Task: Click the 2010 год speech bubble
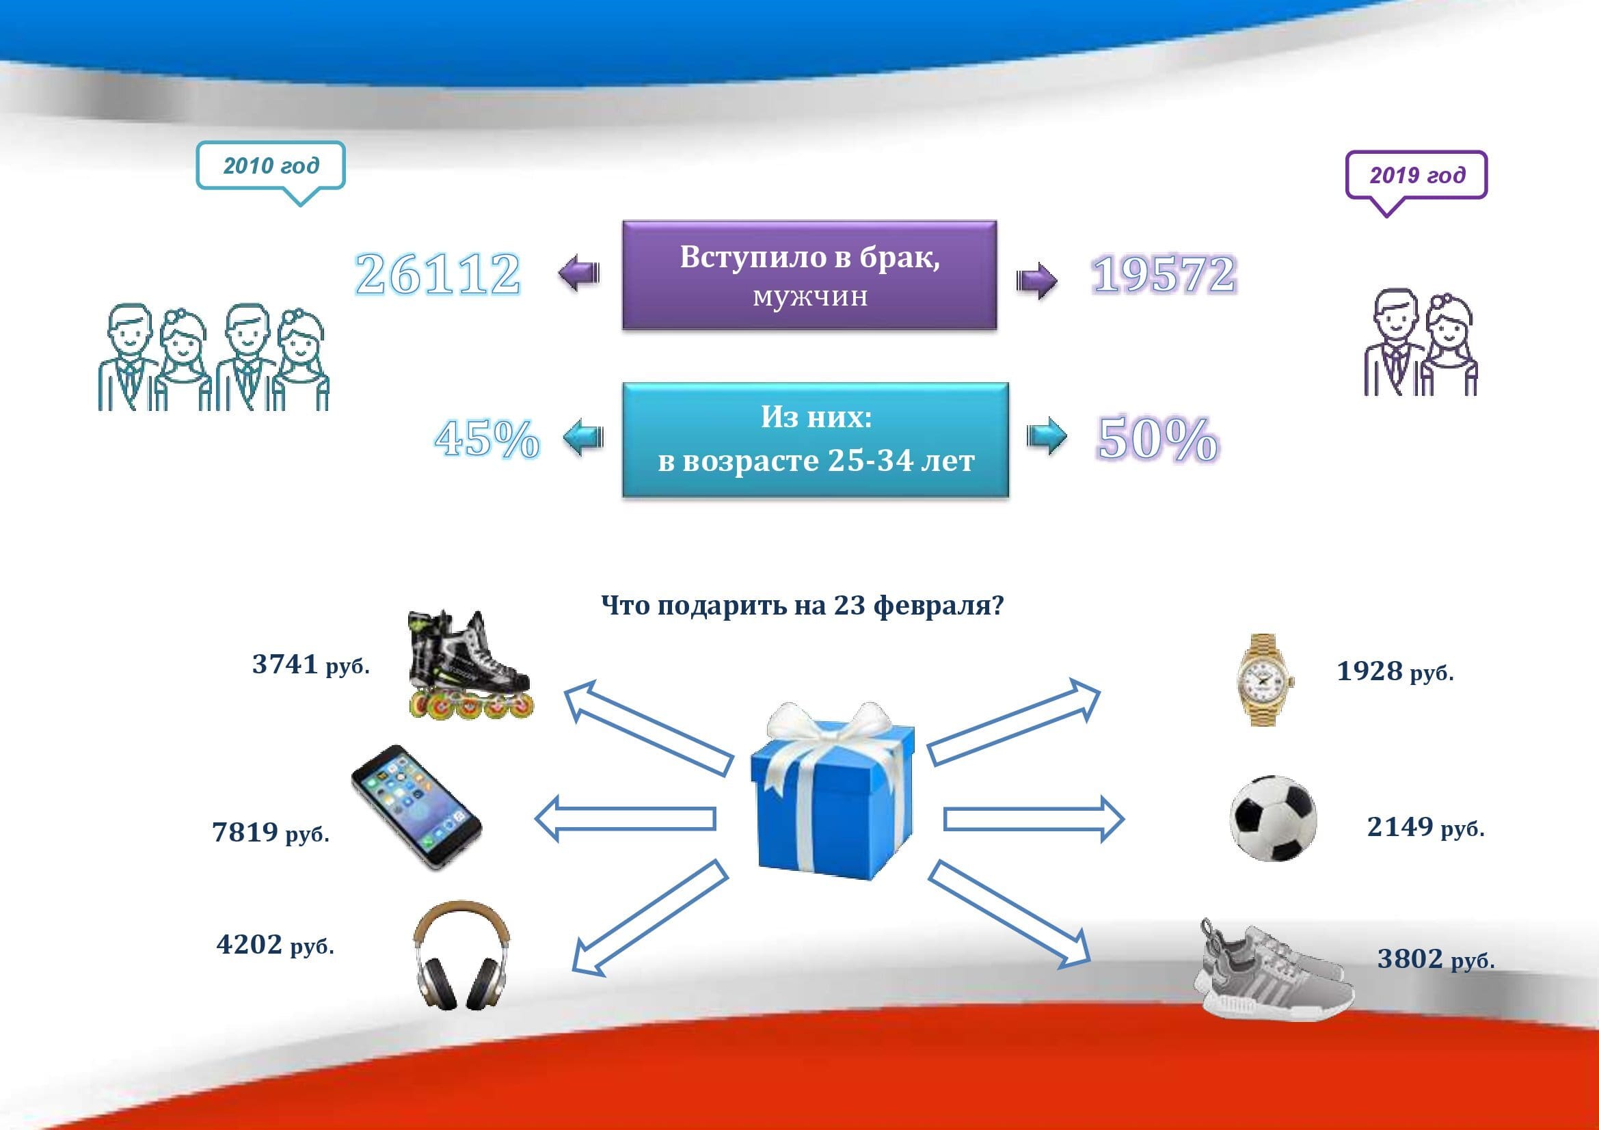point(270,167)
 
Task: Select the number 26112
point(438,273)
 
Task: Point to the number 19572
point(1164,274)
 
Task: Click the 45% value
point(487,439)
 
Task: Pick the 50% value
point(1158,439)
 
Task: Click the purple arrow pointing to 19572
point(1036,280)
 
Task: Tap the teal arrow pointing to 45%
point(582,438)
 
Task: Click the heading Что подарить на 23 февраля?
point(803,605)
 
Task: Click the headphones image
point(461,955)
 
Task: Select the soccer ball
point(1274,818)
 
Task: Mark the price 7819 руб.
point(270,832)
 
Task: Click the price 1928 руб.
point(1395,671)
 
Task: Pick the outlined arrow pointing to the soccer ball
point(1034,820)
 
